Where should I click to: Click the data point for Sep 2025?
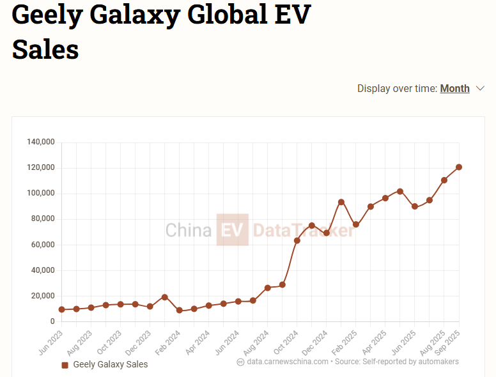(x=459, y=167)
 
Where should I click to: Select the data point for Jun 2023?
(x=61, y=309)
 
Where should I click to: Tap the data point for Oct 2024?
(x=297, y=240)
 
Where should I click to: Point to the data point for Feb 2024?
(x=180, y=311)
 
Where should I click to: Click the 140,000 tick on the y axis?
(x=41, y=142)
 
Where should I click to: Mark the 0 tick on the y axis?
(x=52, y=321)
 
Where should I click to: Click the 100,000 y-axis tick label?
(x=41, y=193)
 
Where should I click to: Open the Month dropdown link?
(x=454, y=89)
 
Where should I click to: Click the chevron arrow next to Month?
(x=481, y=89)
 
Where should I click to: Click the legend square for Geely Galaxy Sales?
(x=65, y=365)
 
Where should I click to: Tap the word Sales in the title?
(x=45, y=49)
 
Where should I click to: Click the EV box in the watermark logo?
(x=232, y=229)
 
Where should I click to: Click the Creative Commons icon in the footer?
(x=241, y=362)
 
